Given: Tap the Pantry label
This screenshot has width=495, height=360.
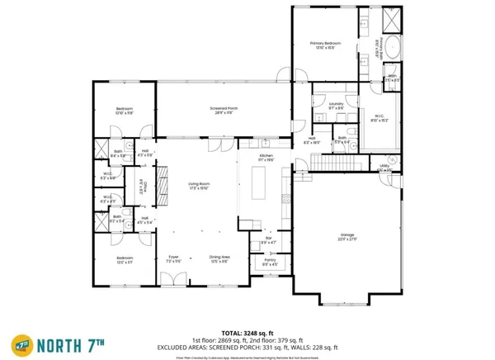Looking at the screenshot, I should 270,261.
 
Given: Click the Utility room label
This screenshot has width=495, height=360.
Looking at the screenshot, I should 384,166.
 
